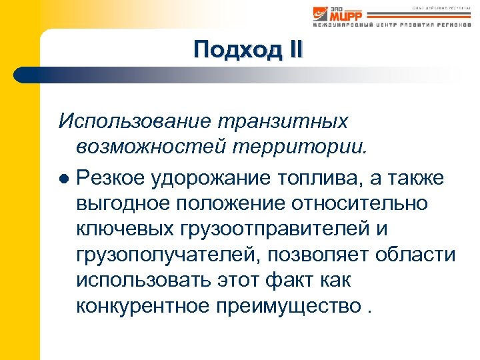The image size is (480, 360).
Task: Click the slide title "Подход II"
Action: [x=248, y=50]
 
